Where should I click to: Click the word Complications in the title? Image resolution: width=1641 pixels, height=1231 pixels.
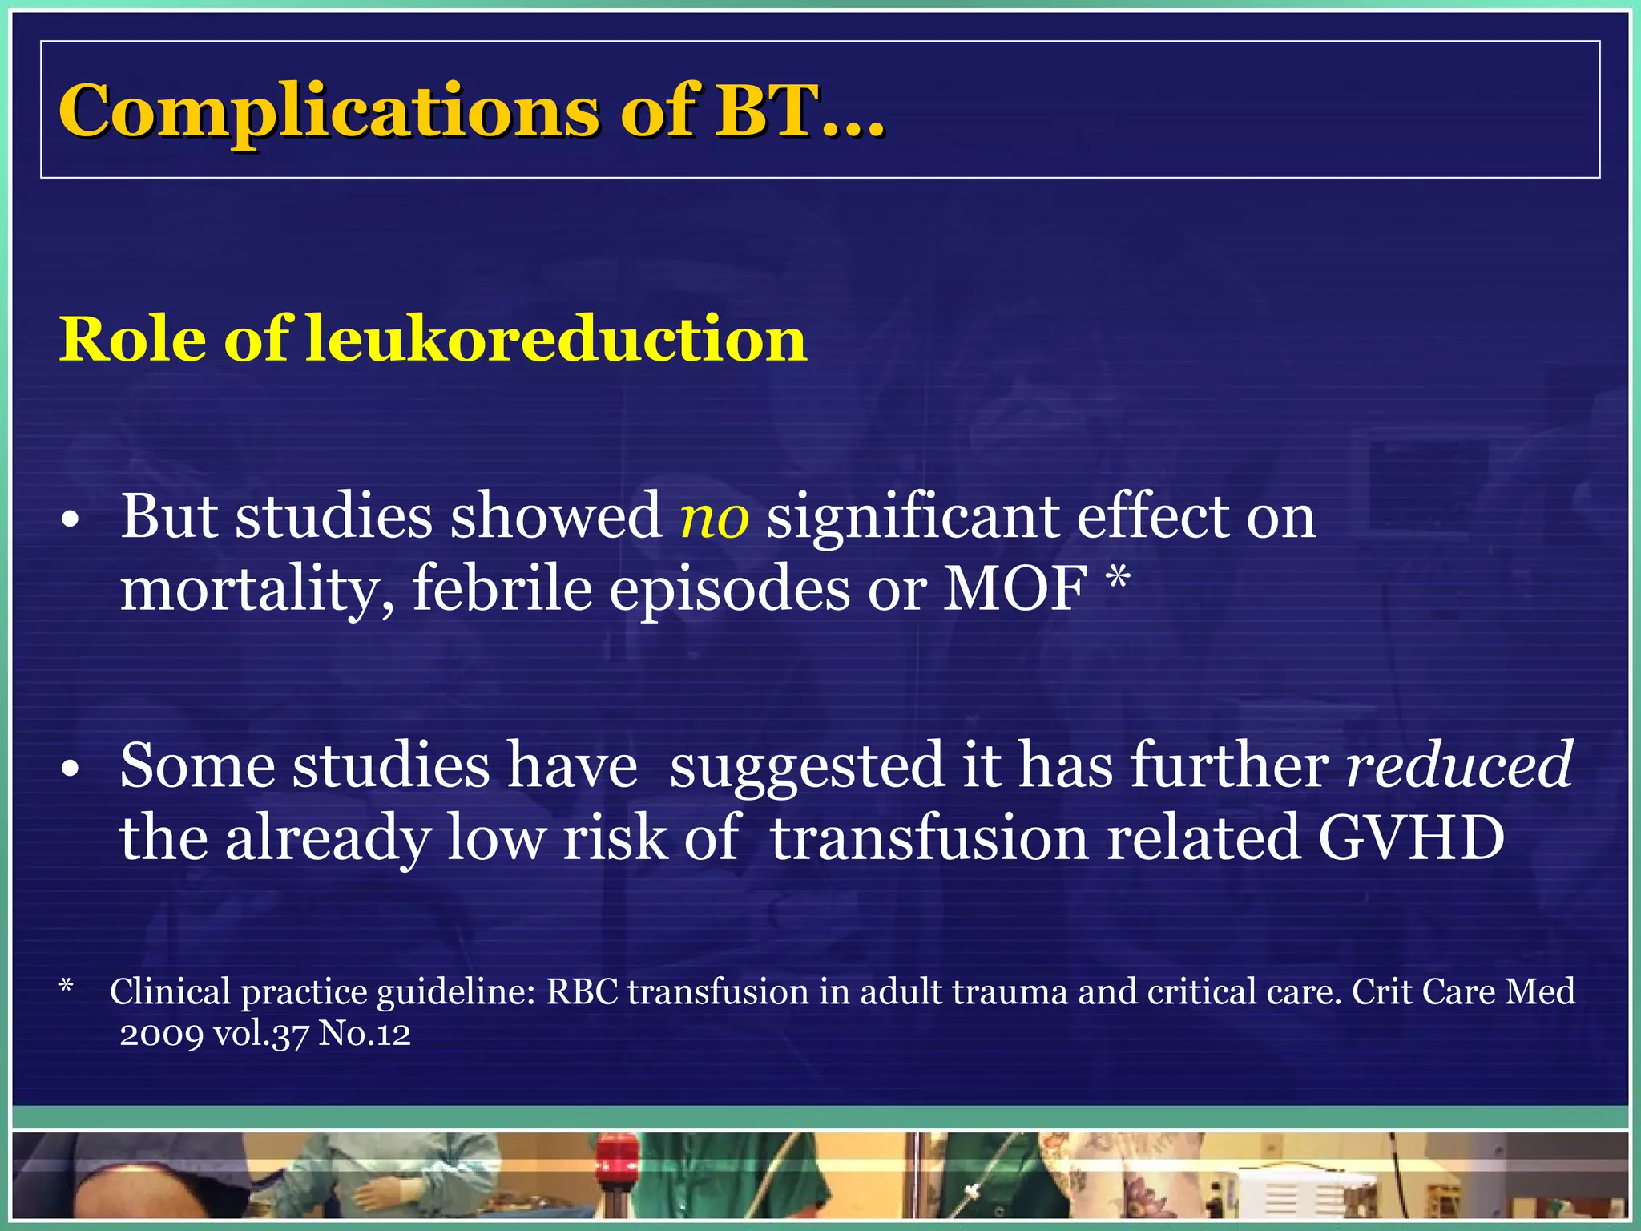tap(329, 112)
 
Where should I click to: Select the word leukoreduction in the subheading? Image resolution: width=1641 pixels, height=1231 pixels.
tap(556, 340)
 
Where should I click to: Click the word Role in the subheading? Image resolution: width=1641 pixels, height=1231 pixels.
tap(133, 340)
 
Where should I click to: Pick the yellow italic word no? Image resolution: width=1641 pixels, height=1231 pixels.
tap(714, 518)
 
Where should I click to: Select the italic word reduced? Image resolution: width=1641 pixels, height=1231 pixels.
tap(1459, 766)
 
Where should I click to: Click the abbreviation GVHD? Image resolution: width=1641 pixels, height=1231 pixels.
tap(1411, 838)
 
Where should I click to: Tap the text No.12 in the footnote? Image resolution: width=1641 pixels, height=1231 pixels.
tap(365, 1034)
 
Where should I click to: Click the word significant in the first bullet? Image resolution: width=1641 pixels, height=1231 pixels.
tap(913, 518)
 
